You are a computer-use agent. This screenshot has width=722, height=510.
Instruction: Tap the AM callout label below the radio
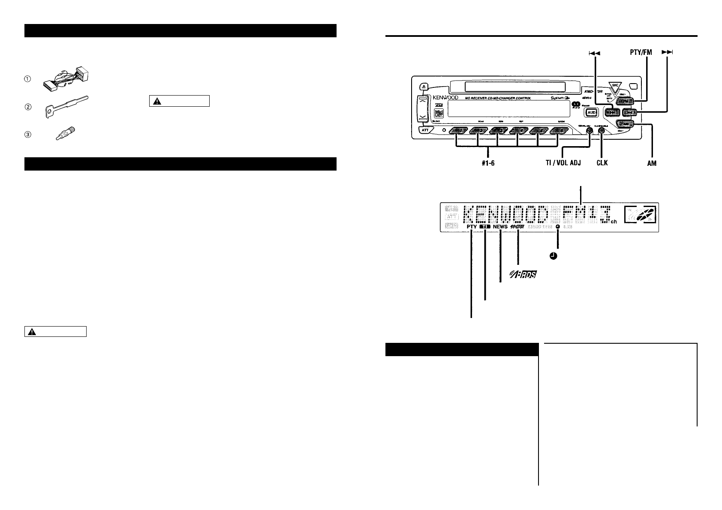click(652, 163)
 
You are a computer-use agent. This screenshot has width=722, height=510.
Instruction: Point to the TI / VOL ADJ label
click(560, 163)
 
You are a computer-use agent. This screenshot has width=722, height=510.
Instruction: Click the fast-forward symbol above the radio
click(668, 52)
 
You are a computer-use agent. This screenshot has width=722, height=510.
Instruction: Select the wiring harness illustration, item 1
click(67, 78)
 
